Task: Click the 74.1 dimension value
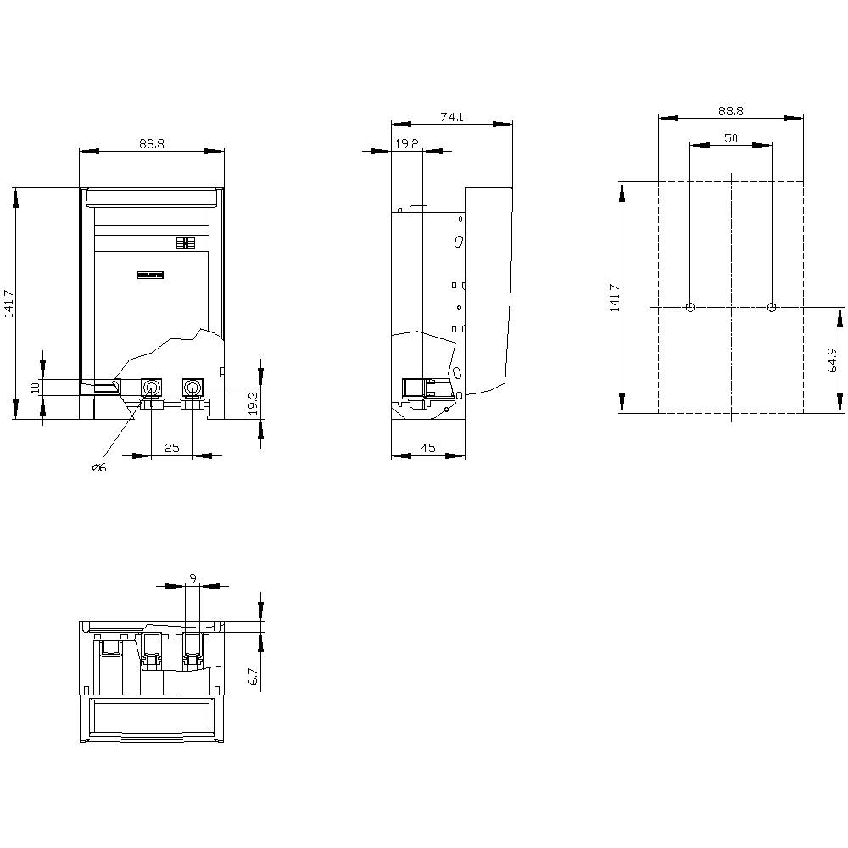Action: (x=451, y=118)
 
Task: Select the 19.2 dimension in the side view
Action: (x=406, y=145)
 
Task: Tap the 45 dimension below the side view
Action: (x=427, y=448)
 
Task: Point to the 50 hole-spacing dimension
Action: (x=730, y=138)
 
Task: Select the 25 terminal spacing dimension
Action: (x=172, y=448)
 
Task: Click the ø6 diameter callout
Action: (x=99, y=469)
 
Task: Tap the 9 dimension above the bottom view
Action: (x=192, y=578)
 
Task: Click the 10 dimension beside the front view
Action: (x=35, y=387)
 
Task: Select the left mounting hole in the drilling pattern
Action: (x=690, y=307)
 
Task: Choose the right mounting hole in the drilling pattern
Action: (x=772, y=307)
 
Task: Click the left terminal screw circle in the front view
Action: (x=151, y=388)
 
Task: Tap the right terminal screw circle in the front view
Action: (x=192, y=388)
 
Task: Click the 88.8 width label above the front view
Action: (x=151, y=145)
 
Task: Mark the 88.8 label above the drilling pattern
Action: (x=730, y=111)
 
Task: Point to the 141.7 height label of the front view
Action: (x=9, y=303)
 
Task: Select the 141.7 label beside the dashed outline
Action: (x=615, y=297)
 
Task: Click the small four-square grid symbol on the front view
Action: (x=186, y=243)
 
